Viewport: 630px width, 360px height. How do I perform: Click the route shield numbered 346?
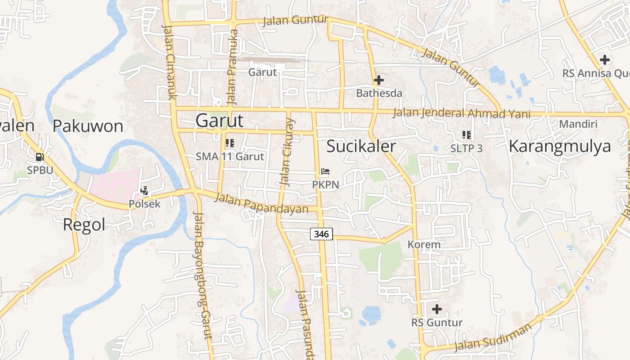[321, 234]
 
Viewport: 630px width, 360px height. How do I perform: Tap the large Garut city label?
[220, 121]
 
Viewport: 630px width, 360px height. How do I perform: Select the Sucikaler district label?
[361, 146]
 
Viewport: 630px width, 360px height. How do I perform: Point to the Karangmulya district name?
[560, 146]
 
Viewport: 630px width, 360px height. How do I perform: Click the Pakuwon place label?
[88, 126]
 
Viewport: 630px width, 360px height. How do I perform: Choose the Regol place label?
[84, 224]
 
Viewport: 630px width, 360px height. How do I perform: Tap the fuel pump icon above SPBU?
[40, 157]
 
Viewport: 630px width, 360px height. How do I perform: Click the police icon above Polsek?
[144, 191]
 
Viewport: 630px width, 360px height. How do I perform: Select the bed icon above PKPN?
[325, 171]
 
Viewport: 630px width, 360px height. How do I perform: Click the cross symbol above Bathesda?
[379, 81]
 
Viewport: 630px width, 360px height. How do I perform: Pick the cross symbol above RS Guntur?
[436, 309]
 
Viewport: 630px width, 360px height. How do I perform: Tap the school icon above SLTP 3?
[466, 135]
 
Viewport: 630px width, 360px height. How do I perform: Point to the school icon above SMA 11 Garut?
[229, 143]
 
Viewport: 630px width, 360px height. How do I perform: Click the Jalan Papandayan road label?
[261, 203]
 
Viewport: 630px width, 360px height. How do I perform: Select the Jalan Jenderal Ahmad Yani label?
[461, 113]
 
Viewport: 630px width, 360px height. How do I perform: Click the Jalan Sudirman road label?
[493, 337]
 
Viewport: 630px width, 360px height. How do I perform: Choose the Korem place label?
[424, 245]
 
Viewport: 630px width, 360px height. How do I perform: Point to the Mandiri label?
[578, 124]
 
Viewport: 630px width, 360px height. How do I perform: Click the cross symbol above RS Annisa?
[605, 59]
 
